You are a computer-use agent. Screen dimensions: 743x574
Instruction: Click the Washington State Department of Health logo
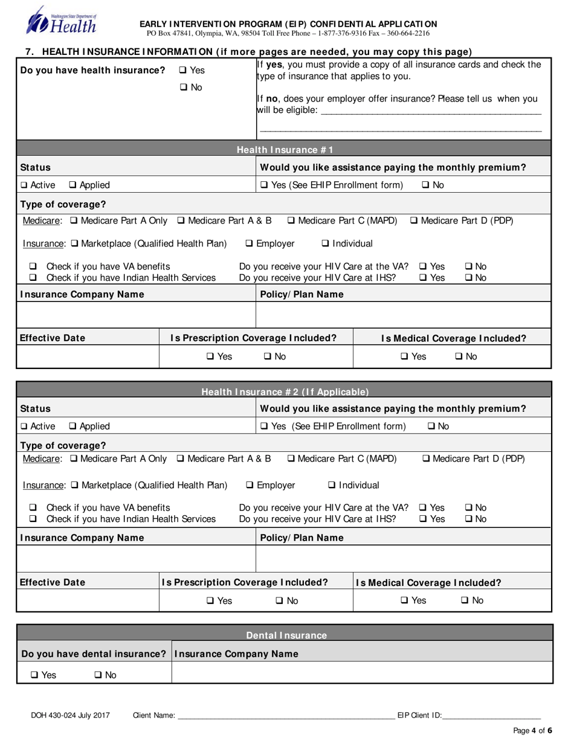click(61, 20)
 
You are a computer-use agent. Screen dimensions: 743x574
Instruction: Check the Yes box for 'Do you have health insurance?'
click(183, 71)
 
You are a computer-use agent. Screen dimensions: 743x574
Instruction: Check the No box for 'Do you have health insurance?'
click(183, 88)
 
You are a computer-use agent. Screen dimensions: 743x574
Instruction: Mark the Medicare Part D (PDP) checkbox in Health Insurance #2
click(425, 459)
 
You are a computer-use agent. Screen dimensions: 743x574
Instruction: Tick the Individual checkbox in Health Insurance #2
click(332, 486)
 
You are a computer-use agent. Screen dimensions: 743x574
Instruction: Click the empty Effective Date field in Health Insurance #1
click(88, 357)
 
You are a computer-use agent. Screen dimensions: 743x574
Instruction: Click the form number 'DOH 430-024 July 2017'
click(71, 716)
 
